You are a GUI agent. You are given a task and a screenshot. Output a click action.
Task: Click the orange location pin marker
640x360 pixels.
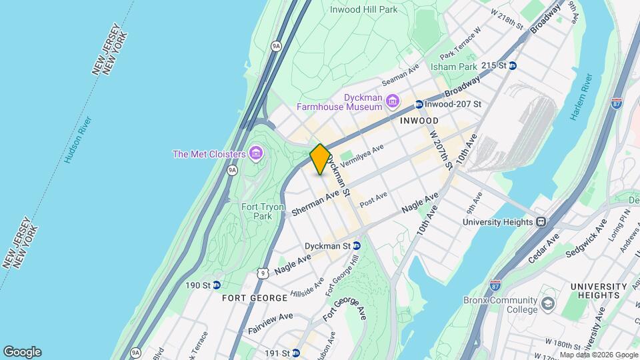320,159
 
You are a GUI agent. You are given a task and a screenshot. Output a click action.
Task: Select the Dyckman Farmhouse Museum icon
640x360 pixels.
392,101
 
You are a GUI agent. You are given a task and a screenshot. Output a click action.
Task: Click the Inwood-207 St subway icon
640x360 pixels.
419,105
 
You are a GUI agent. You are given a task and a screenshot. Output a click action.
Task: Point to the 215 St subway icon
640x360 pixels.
513,65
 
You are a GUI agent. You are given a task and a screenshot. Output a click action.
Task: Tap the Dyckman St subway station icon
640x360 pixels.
357,245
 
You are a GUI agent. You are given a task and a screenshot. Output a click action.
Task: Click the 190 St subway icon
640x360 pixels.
217,285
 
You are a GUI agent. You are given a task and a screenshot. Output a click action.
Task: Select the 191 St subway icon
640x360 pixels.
295,353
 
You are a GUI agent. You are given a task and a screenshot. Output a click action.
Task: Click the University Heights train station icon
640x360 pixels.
541,221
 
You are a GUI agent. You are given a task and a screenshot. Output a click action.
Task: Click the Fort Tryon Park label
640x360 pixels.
257,211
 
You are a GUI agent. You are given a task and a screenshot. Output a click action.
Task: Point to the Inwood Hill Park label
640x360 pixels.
364,9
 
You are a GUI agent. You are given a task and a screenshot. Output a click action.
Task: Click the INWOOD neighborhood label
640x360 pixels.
419,121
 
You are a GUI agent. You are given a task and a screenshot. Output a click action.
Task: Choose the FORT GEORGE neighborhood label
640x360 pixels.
249,297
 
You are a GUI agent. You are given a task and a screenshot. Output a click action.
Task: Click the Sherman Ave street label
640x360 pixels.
316,203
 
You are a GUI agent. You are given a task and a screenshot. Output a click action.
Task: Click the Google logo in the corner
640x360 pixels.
22,352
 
